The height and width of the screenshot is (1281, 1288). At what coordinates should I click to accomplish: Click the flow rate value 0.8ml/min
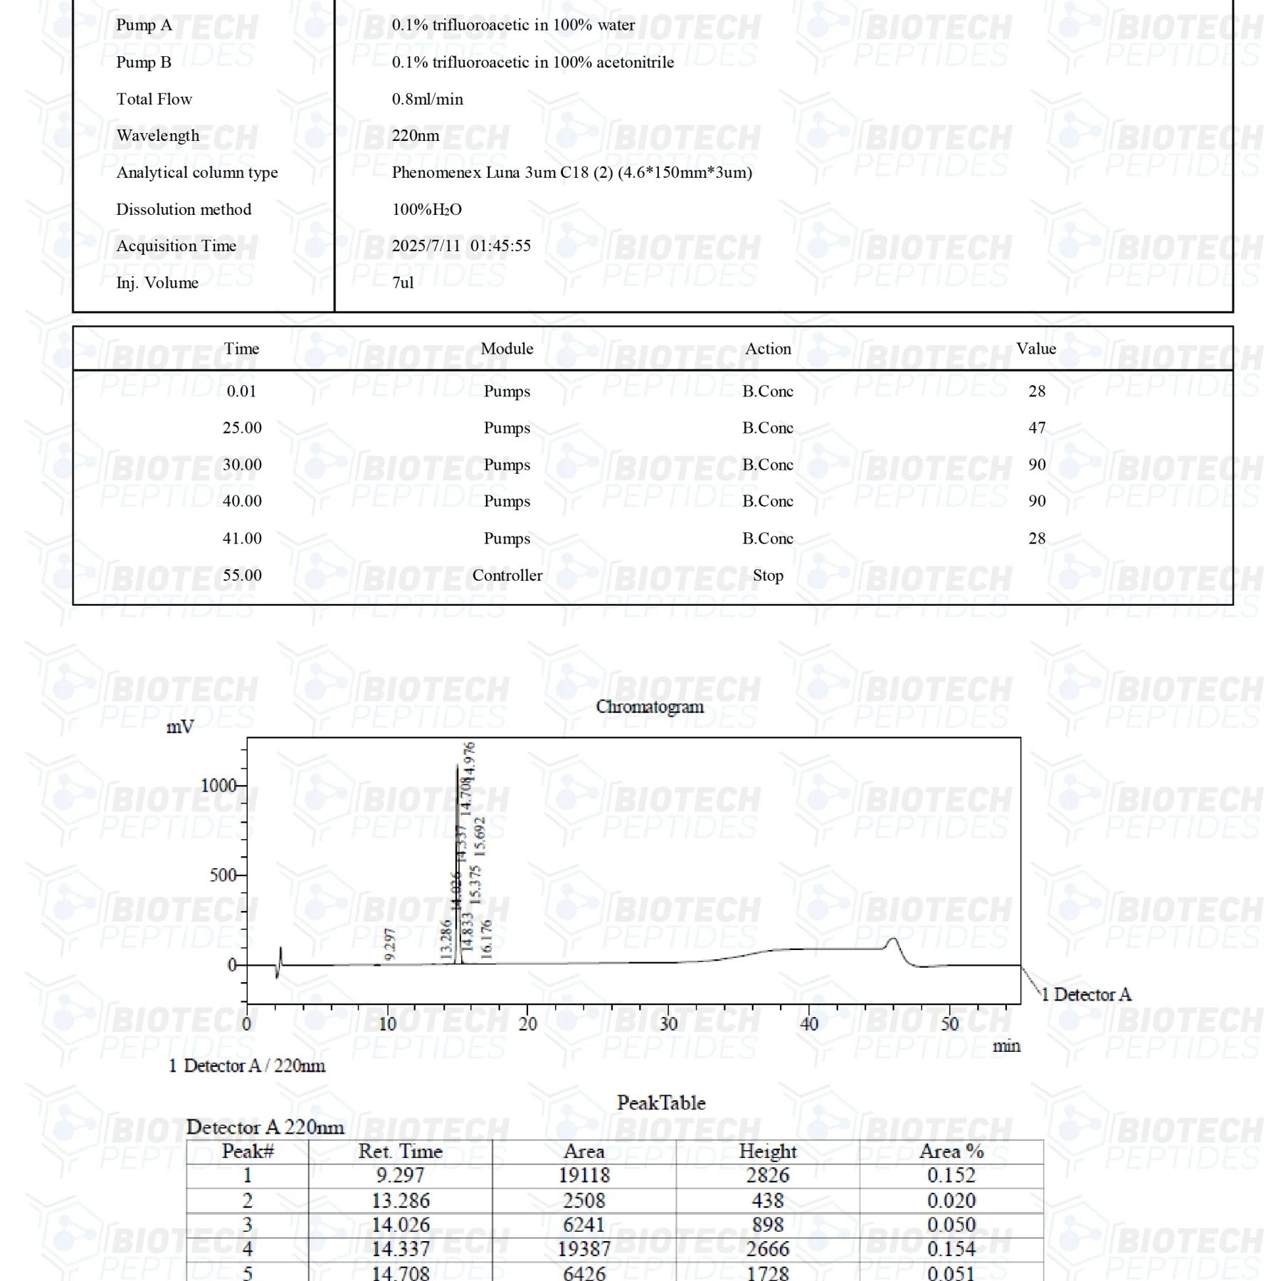click(427, 99)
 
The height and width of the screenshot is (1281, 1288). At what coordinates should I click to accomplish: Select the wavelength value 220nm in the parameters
click(416, 135)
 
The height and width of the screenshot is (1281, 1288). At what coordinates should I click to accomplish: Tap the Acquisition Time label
click(176, 246)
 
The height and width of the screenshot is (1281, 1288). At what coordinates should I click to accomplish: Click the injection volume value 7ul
click(403, 283)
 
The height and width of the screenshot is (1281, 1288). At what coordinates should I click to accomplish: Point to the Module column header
click(507, 348)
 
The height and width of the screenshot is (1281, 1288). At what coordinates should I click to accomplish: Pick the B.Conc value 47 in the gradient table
click(1037, 428)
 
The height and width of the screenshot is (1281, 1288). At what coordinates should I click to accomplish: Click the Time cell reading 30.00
click(242, 465)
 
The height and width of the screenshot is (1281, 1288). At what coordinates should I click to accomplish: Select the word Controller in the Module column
click(507, 575)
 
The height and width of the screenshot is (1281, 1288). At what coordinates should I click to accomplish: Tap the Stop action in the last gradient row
click(768, 575)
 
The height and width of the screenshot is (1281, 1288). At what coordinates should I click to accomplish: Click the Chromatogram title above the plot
click(650, 707)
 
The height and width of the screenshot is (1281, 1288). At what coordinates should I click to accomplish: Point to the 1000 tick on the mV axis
click(218, 786)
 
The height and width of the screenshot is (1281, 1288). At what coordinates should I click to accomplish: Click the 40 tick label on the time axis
click(809, 1023)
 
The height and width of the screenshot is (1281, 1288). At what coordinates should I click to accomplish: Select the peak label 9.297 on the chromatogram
click(389, 944)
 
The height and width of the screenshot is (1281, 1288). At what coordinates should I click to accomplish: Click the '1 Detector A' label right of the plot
click(1086, 994)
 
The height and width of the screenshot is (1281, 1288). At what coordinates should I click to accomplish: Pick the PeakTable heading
click(661, 1102)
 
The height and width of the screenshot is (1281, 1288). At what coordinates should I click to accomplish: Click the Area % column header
click(951, 1151)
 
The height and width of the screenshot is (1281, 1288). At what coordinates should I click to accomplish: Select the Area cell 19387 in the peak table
click(584, 1248)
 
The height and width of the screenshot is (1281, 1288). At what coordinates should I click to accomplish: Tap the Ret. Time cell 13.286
click(401, 1201)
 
